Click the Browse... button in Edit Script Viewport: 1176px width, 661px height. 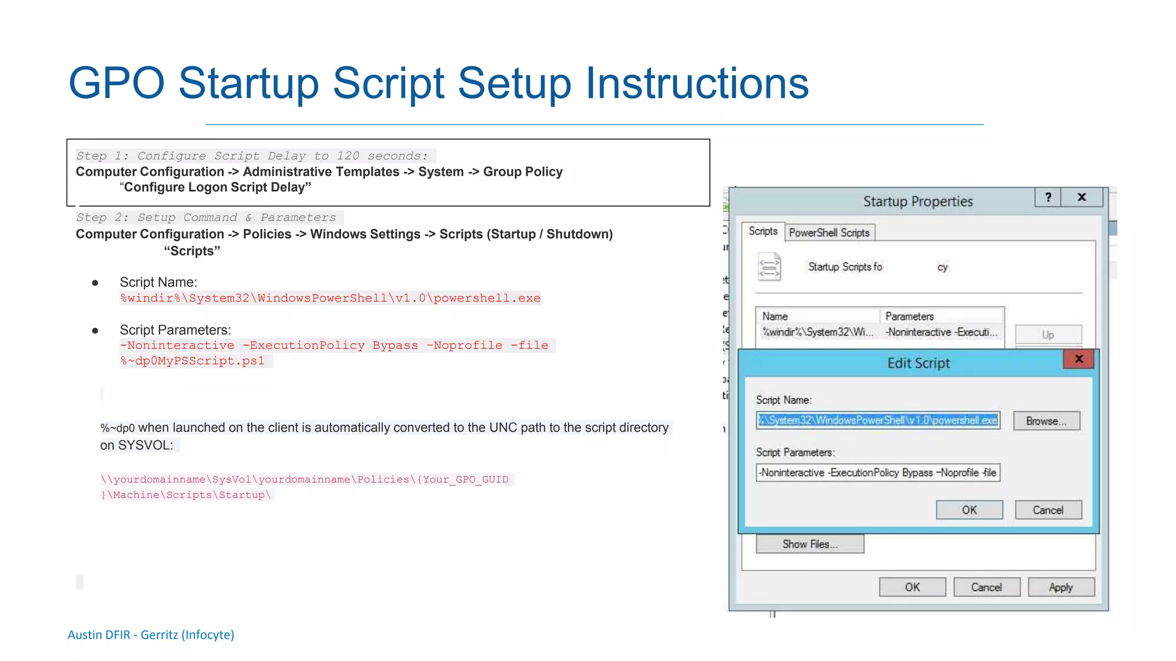[1046, 421]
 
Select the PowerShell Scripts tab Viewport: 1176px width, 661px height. [829, 232]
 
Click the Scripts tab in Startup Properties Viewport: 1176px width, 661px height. [763, 231]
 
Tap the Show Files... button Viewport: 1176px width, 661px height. [810, 544]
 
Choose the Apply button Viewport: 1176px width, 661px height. [1061, 588]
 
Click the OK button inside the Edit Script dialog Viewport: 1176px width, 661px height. [969, 510]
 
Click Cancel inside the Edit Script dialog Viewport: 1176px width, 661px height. [1048, 510]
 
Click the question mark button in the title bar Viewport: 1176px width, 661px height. [1048, 197]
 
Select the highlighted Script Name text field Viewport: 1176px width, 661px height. [877, 421]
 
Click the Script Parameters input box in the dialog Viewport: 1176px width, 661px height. [877, 473]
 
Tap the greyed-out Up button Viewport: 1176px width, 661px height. [1048, 335]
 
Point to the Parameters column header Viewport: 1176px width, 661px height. [910, 316]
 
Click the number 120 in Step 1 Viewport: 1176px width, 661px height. [348, 156]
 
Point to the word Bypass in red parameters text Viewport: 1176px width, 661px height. [395, 345]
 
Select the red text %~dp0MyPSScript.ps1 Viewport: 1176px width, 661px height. [192, 361]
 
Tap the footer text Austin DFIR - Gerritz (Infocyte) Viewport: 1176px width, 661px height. [151, 635]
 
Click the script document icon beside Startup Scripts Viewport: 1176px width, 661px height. [769, 267]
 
